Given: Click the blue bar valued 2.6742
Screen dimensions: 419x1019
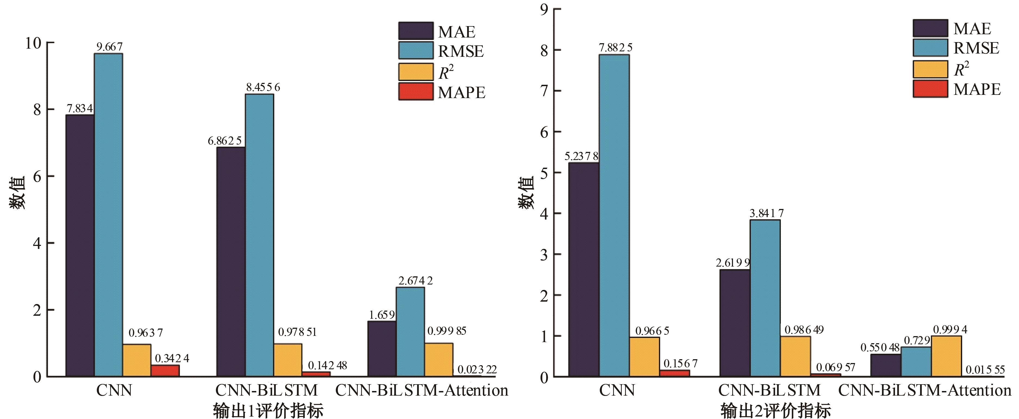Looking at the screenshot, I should pyautogui.click(x=410, y=332).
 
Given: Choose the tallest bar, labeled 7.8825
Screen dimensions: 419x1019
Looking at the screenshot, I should pyautogui.click(x=614, y=215).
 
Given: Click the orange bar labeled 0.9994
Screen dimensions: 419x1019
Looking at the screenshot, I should pyautogui.click(x=946, y=356).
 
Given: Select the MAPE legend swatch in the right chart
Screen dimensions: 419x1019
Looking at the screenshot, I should pyautogui.click(x=930, y=89).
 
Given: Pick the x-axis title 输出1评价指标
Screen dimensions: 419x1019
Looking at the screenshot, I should pyautogui.click(x=268, y=411).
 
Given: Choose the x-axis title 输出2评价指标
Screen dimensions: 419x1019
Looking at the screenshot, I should pyautogui.click(x=775, y=411).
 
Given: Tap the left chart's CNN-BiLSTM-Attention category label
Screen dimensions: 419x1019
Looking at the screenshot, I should pyautogui.click(x=422, y=390).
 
